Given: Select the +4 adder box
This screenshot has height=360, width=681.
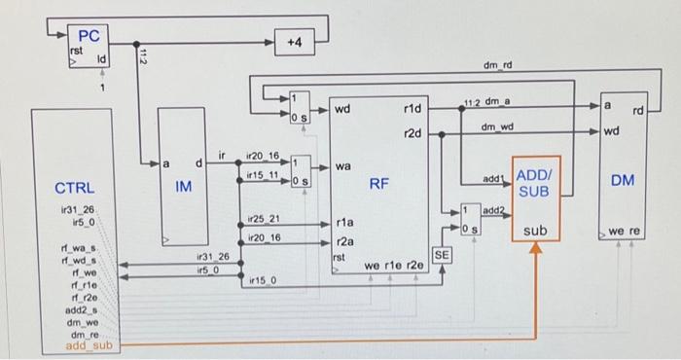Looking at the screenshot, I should point(295,43).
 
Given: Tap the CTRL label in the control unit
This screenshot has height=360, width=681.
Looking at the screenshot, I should point(75,187).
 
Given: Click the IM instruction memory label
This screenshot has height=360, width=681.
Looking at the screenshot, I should point(183,186).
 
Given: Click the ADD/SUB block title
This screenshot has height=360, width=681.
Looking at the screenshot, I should point(535,182).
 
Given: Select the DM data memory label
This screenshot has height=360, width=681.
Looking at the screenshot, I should point(623,180).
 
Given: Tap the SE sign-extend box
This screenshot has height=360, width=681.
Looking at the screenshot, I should point(442,254).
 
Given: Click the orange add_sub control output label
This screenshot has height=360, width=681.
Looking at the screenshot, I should point(88,345).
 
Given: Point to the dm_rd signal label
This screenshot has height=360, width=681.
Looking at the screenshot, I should point(497,66).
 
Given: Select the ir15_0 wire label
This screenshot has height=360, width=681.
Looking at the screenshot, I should point(261,280).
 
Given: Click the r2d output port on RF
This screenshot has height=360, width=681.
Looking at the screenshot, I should point(411,134).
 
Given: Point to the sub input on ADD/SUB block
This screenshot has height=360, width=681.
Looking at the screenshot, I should point(535,231).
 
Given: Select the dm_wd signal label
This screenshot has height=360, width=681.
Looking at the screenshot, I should point(496,127).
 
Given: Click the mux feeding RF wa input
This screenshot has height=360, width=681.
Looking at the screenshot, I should point(301,170).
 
